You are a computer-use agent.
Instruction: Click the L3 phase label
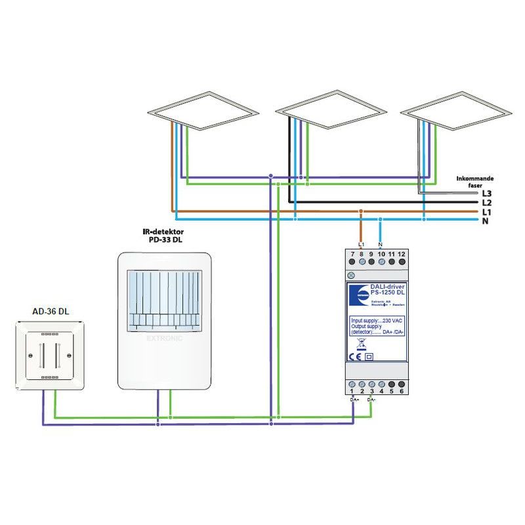pos(486,194)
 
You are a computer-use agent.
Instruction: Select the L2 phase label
pos(486,203)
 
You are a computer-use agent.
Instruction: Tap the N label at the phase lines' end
pos(485,222)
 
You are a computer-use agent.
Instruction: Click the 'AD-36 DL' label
pos(51,312)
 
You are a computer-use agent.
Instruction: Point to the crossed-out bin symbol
pos(360,343)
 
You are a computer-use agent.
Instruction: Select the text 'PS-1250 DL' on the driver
pos(387,293)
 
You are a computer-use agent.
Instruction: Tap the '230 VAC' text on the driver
pos(392,320)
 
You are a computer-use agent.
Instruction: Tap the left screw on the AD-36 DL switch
pos(30,356)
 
